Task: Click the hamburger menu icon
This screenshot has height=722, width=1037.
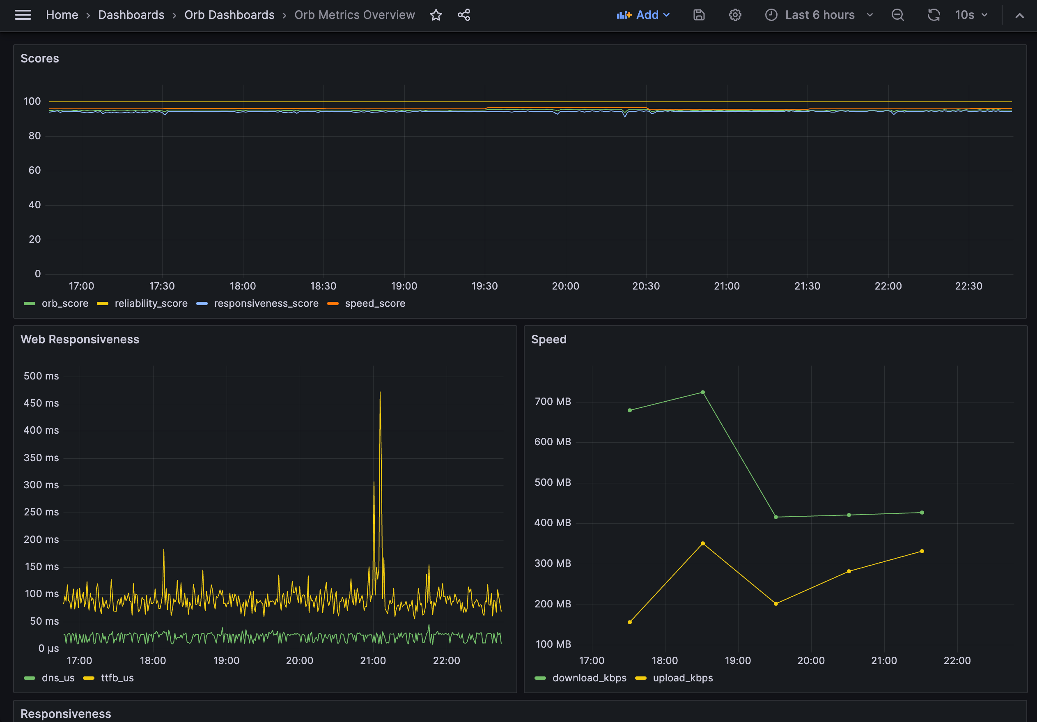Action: (x=23, y=15)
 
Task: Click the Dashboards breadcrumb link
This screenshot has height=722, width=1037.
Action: (x=131, y=15)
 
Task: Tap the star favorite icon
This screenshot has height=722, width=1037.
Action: (x=436, y=15)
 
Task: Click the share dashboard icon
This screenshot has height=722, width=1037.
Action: (x=464, y=15)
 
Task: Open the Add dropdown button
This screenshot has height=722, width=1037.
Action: (x=643, y=15)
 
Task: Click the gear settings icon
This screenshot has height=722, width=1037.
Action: (x=735, y=15)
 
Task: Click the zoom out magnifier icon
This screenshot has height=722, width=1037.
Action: (x=897, y=15)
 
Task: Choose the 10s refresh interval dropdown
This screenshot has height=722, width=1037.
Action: (x=970, y=15)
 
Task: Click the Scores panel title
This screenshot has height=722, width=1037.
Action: (x=40, y=58)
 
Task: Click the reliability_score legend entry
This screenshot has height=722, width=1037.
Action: (x=151, y=303)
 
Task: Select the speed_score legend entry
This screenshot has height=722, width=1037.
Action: (x=375, y=303)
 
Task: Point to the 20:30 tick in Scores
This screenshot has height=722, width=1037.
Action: (x=646, y=286)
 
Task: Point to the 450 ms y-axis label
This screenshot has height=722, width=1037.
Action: (x=41, y=403)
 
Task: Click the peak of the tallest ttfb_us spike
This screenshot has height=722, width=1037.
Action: (x=380, y=392)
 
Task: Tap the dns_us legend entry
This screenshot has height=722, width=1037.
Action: (x=58, y=678)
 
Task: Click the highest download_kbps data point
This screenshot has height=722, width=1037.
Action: (x=702, y=392)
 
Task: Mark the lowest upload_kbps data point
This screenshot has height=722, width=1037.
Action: (x=630, y=622)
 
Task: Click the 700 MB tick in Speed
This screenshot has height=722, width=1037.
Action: (x=553, y=401)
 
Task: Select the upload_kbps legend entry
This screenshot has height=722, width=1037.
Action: (x=682, y=678)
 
